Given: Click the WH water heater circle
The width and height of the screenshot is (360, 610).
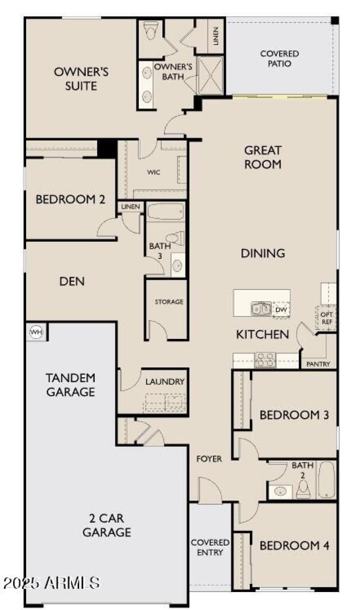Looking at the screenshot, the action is pos(36,332).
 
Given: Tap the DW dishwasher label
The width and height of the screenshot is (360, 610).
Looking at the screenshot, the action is pos(281,310).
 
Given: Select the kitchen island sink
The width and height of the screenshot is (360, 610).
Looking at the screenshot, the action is pos(261,308).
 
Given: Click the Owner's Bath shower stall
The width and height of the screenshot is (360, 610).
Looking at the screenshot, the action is pos(210,75).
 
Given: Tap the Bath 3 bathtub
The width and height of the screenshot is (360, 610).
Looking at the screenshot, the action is pos(166,212).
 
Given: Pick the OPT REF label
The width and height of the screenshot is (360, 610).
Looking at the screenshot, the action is pos(327,318).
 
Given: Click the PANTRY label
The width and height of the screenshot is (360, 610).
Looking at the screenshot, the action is pos(318,364).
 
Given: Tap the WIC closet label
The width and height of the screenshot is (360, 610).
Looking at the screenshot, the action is pos(154,172).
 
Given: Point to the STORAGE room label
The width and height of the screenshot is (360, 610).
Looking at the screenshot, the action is pos(169,302).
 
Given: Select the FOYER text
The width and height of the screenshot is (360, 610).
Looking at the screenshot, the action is pos(209,459).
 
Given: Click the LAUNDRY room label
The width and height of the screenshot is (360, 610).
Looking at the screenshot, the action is pos(165,381).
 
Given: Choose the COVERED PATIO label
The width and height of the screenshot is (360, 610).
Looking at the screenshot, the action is pos(279,59).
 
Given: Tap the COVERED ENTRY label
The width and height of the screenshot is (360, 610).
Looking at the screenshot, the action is pos(210,547).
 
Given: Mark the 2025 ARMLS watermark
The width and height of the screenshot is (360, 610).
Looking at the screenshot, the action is pos(52,583).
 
